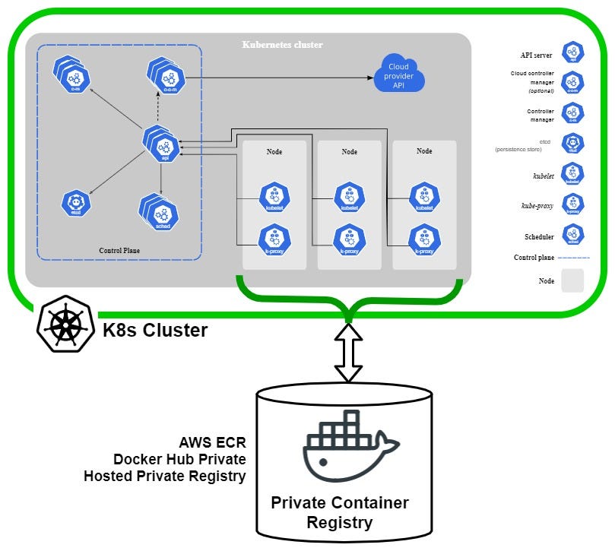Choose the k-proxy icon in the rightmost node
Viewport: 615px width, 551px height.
pos(423,239)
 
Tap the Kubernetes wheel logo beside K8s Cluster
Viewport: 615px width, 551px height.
pos(67,328)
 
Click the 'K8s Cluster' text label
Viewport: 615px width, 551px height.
pos(155,331)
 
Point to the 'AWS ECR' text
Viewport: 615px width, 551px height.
pos(212,442)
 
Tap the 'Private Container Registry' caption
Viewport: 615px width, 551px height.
pos(340,513)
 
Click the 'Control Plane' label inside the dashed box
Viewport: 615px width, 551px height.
pos(119,250)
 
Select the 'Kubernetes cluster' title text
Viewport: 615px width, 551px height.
pos(282,45)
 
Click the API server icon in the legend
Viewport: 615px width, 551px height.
pos(573,53)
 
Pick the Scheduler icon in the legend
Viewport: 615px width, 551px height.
pos(573,236)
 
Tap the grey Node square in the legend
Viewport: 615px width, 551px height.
pos(573,280)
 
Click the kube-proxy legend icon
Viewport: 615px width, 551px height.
pos(573,204)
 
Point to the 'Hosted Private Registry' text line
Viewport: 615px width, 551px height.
pos(165,477)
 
